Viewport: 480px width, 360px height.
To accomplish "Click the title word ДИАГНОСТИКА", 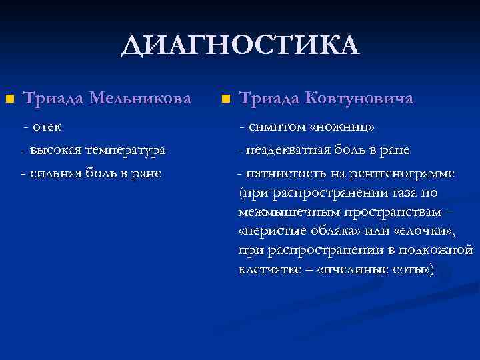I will point(240,46).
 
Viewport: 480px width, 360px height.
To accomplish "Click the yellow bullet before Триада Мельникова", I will point(9,99).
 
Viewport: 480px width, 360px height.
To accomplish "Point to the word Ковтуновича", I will point(359,98).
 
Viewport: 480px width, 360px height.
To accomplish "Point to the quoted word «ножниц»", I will point(343,127).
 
